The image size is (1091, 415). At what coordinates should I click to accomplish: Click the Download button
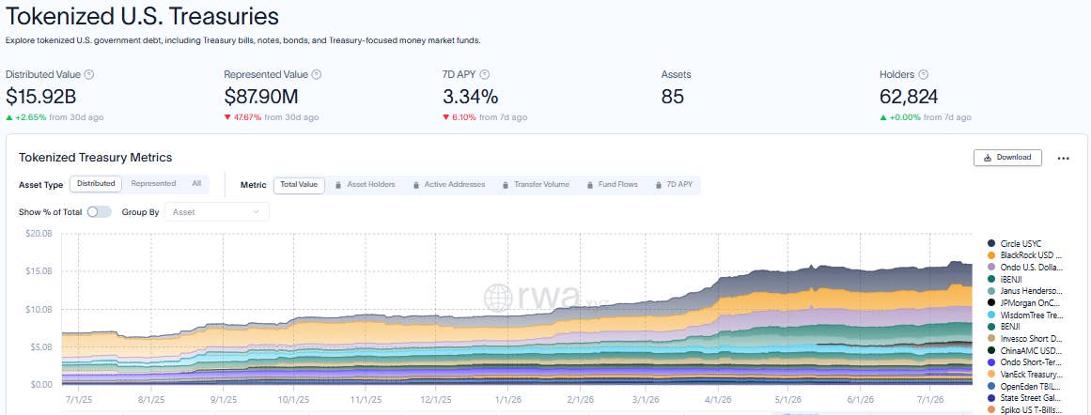click(1007, 158)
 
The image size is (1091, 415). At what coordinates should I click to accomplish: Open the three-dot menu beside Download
click(1063, 159)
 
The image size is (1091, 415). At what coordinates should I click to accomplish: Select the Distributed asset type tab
click(96, 184)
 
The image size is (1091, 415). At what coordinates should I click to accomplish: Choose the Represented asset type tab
click(153, 184)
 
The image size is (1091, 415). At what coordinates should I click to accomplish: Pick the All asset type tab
click(197, 184)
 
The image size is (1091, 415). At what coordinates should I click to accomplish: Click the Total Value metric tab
click(299, 185)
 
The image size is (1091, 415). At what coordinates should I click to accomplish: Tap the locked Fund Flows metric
click(613, 185)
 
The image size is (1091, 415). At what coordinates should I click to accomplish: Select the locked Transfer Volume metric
click(535, 185)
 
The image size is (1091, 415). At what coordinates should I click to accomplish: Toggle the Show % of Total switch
click(99, 212)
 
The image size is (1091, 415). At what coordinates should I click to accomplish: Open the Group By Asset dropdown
click(216, 212)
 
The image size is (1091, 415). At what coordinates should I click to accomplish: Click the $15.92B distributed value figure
click(41, 97)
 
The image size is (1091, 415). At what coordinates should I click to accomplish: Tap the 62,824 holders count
click(909, 97)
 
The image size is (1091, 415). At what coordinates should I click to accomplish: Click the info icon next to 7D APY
click(485, 74)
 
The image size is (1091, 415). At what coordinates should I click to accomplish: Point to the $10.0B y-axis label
click(39, 309)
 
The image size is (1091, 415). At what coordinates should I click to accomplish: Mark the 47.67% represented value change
click(247, 117)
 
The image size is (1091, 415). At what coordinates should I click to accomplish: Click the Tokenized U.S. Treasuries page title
click(142, 16)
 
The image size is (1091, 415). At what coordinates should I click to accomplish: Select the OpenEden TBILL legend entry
click(1024, 386)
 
